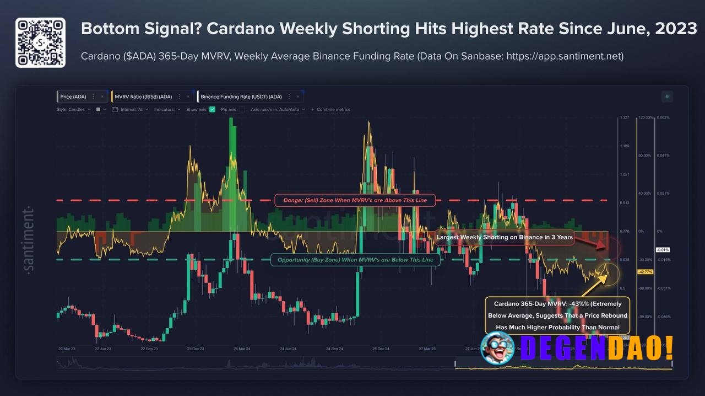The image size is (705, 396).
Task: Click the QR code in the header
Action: tap(40, 42)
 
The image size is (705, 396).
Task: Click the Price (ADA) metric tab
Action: tap(73, 97)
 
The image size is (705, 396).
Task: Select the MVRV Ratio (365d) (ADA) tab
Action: tap(143, 97)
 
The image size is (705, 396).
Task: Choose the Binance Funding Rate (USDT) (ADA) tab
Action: tap(241, 97)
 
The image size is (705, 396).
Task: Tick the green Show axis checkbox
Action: tap(213, 109)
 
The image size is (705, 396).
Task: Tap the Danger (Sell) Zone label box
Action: tap(355, 200)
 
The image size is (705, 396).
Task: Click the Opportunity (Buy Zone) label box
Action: tap(355, 260)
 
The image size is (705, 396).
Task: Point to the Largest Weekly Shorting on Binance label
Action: tap(505, 237)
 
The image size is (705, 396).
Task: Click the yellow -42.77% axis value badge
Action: tap(645, 272)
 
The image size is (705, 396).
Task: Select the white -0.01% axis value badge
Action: tap(663, 250)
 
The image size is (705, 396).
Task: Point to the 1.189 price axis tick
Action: tap(625, 146)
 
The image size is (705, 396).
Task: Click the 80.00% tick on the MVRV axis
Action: tap(645, 156)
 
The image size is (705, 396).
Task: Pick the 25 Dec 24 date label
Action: tap(381, 349)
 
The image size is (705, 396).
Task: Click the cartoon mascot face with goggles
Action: tap(497, 349)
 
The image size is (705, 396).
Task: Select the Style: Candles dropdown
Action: tap(73, 109)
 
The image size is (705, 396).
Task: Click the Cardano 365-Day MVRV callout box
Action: tap(557, 315)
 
